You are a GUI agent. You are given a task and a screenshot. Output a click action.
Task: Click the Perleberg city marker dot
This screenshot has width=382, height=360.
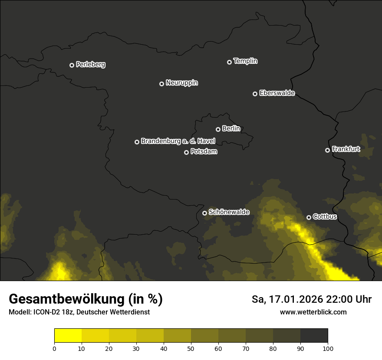pos(72,65)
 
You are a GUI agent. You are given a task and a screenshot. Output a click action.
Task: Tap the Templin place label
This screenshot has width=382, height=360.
pos(245,61)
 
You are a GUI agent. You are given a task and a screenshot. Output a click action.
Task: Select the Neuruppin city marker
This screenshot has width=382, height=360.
pos(161,84)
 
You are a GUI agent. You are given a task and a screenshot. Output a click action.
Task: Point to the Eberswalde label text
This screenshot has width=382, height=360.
pos(277,93)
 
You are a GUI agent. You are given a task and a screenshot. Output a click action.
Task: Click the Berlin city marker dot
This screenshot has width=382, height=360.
pos(218,129)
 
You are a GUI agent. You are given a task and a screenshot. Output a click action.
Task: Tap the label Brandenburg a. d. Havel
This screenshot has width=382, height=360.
pos(178,141)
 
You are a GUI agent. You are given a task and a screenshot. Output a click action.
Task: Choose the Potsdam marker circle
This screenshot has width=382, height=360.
pos(186,152)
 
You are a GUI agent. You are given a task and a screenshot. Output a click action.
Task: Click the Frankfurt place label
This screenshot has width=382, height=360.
pos(346,149)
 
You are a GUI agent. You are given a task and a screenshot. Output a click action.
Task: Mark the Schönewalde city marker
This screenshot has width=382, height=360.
pos(204,213)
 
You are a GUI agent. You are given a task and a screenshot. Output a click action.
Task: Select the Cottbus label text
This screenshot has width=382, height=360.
pos(325,216)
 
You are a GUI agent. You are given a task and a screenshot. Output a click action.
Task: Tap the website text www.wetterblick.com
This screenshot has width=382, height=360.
pos(313,312)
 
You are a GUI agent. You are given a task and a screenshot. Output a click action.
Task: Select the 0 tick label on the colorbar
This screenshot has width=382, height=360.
pos(54,348)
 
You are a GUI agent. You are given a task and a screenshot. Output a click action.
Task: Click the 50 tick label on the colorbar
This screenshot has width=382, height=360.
pos(191,348)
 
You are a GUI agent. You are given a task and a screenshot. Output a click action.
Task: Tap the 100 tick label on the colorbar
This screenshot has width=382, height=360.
pos(328,348)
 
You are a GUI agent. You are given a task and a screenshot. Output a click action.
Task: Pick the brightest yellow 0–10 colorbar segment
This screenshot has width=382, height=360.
pos(68,336)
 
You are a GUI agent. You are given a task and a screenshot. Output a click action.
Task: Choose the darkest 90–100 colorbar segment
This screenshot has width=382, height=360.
pos(314,336)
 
